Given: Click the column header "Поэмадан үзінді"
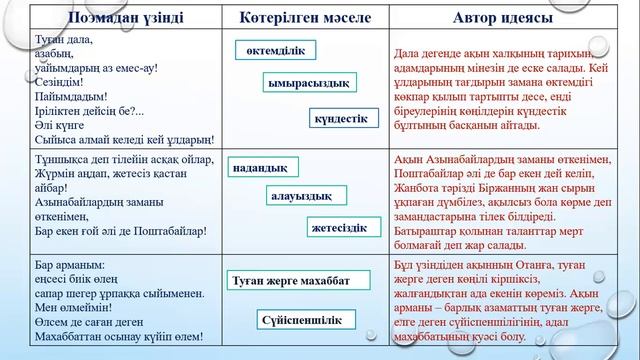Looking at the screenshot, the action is click(x=111, y=17).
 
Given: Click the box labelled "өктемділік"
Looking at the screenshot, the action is click(x=276, y=50).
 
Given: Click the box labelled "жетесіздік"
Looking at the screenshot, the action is click(x=343, y=228).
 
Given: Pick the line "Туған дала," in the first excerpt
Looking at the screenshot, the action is click(x=66, y=34).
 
